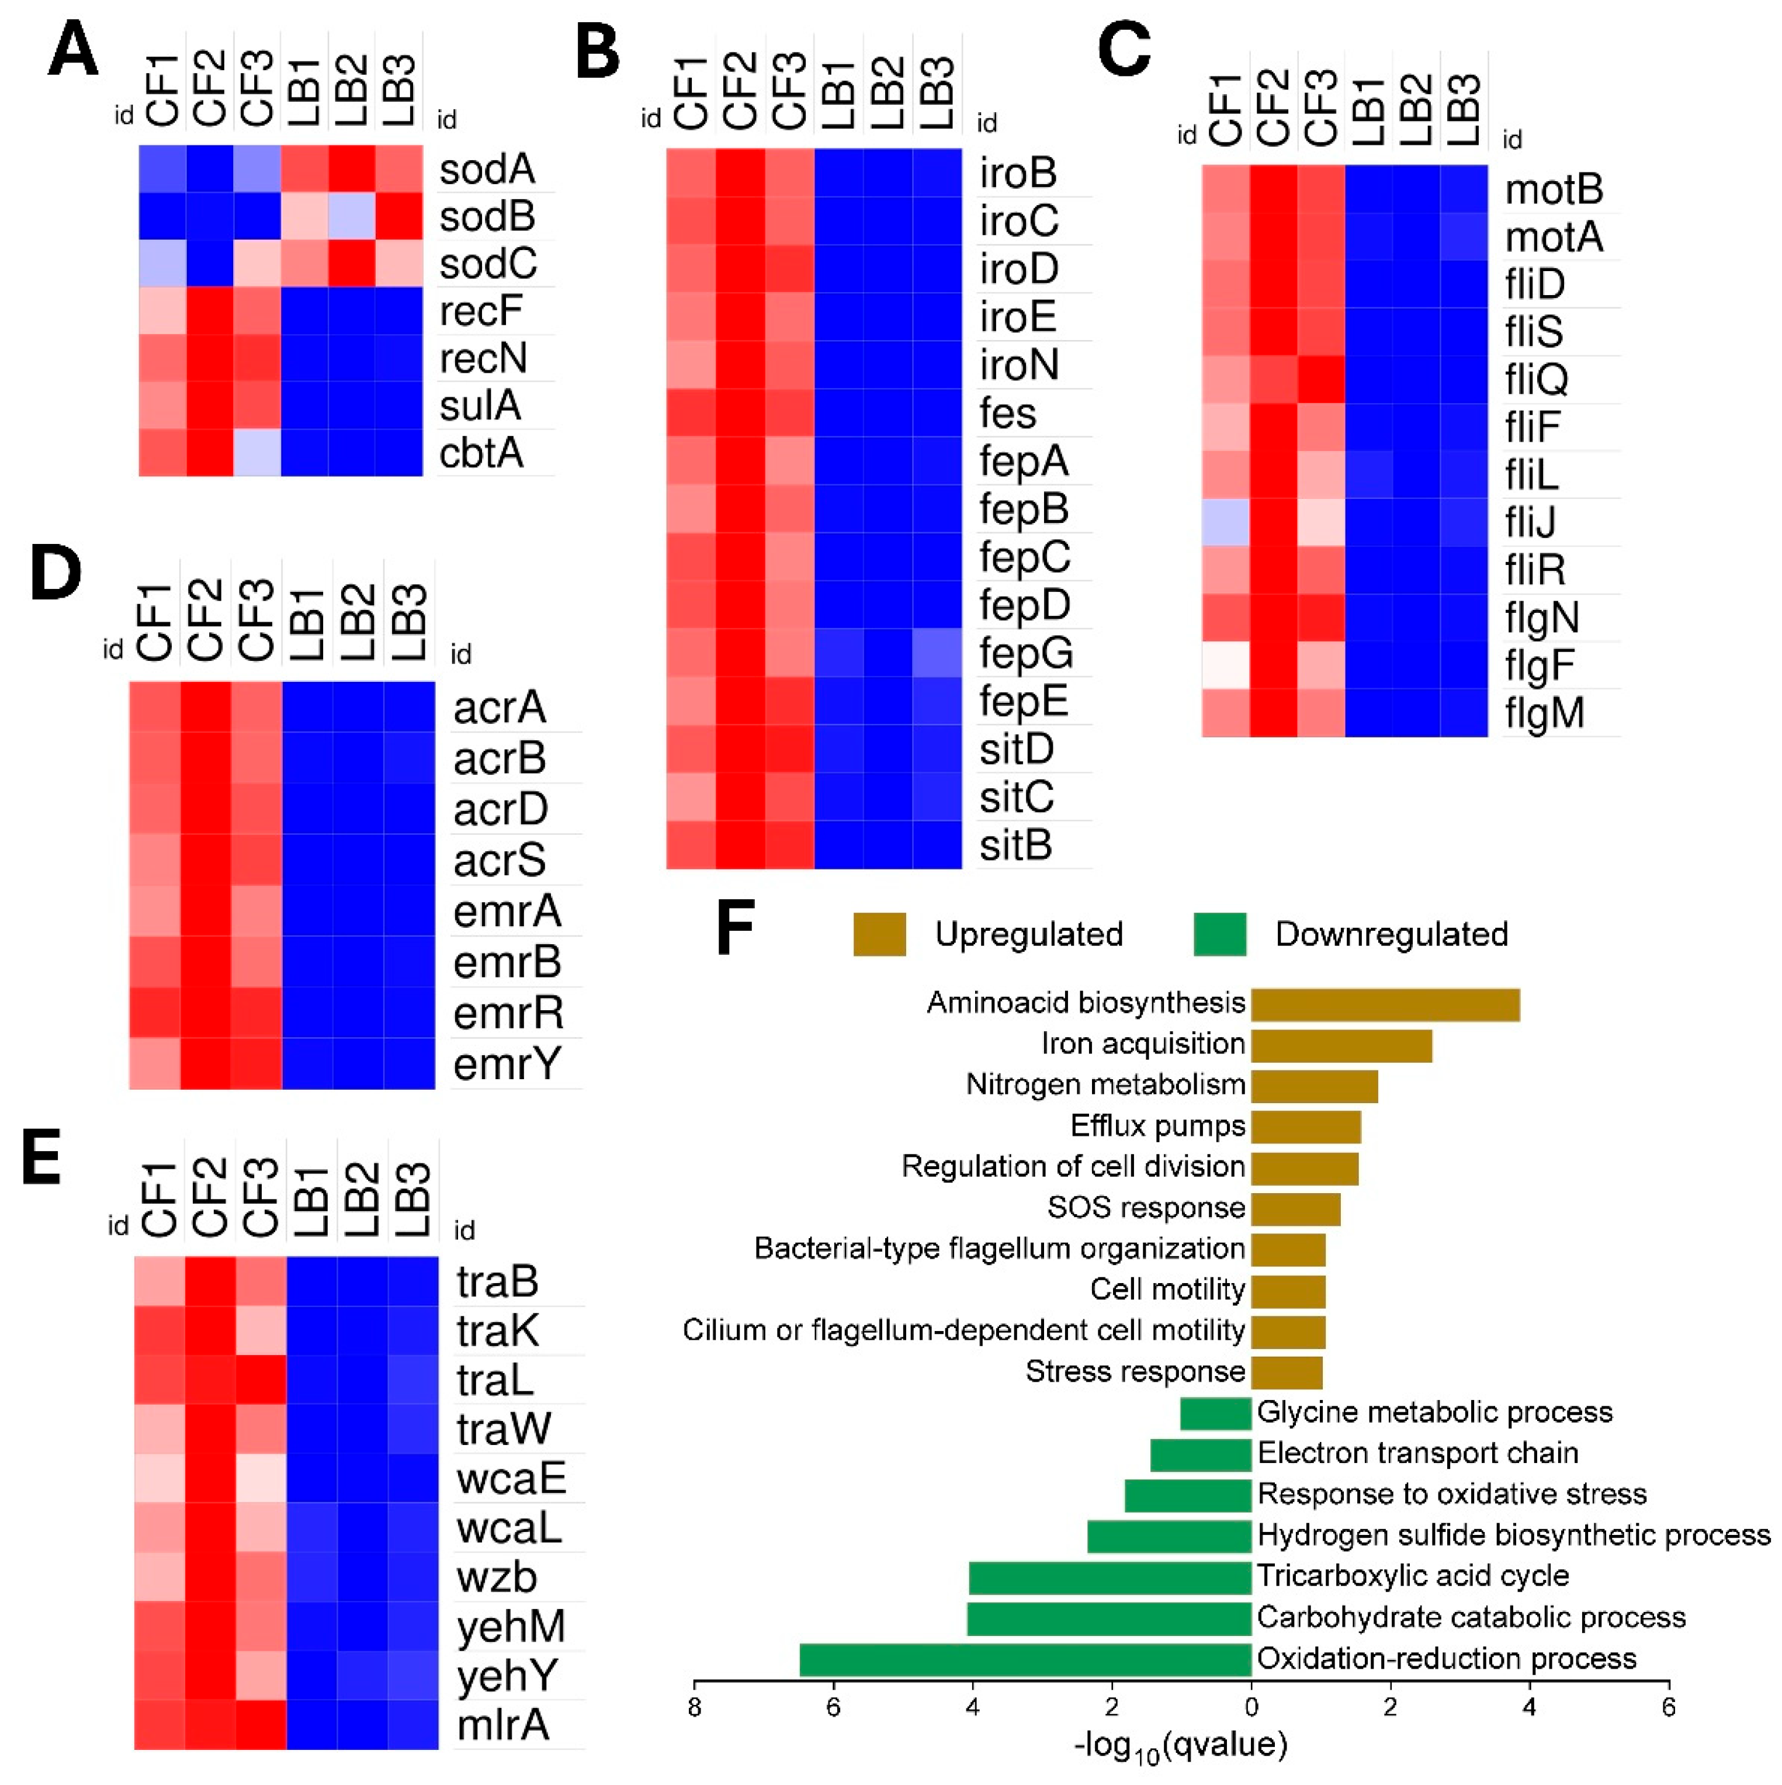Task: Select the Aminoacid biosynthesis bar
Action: [x=1384, y=1004]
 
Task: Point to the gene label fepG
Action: [x=1025, y=653]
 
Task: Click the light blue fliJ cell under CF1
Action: [x=1225, y=522]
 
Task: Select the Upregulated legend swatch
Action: [x=879, y=934]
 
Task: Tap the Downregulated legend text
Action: [x=1391, y=934]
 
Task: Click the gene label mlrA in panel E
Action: [x=502, y=1725]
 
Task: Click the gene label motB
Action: [x=1553, y=189]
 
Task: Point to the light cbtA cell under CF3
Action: [x=257, y=453]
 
